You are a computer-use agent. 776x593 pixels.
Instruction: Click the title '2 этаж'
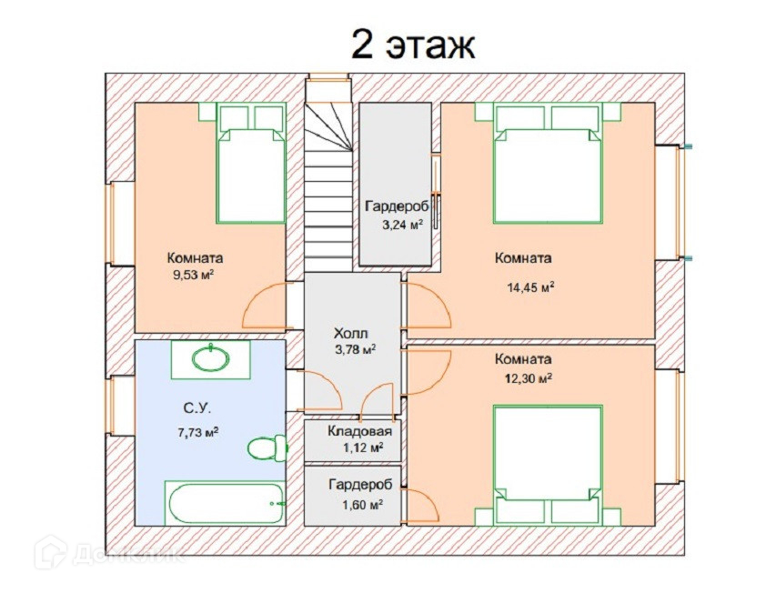412,43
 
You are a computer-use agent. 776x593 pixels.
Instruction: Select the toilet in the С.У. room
265,447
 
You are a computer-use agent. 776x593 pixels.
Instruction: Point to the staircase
328,182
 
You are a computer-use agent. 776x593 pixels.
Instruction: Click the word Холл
351,332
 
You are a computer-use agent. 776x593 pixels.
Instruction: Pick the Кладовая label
361,432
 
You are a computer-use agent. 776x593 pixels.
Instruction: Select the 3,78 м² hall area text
356,349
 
